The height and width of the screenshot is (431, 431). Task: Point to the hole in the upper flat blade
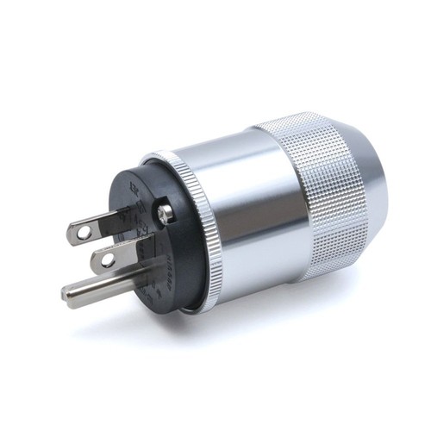81,230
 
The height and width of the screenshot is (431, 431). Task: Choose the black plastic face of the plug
164,250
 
